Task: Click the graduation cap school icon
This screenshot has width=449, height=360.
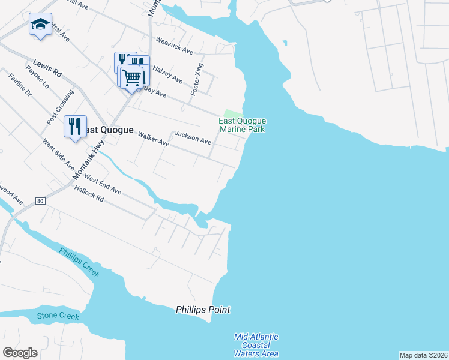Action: pyautogui.click(x=40, y=25)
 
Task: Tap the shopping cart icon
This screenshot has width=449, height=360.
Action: pyautogui.click(x=132, y=77)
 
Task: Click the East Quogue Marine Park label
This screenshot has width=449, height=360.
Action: pyautogui.click(x=242, y=125)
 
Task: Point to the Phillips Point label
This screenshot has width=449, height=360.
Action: pyautogui.click(x=203, y=310)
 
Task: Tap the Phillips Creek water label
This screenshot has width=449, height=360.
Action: pyautogui.click(x=79, y=262)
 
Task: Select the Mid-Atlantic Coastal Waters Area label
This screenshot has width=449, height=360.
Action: pyautogui.click(x=256, y=345)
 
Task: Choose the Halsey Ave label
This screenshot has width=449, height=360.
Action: pyautogui.click(x=167, y=75)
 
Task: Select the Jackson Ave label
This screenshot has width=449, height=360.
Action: pyautogui.click(x=193, y=139)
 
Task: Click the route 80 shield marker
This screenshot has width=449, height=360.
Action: pyautogui.click(x=40, y=200)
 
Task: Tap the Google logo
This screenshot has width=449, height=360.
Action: pyautogui.click(x=20, y=352)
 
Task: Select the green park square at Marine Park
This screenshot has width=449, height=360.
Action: pyautogui.click(x=232, y=114)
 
